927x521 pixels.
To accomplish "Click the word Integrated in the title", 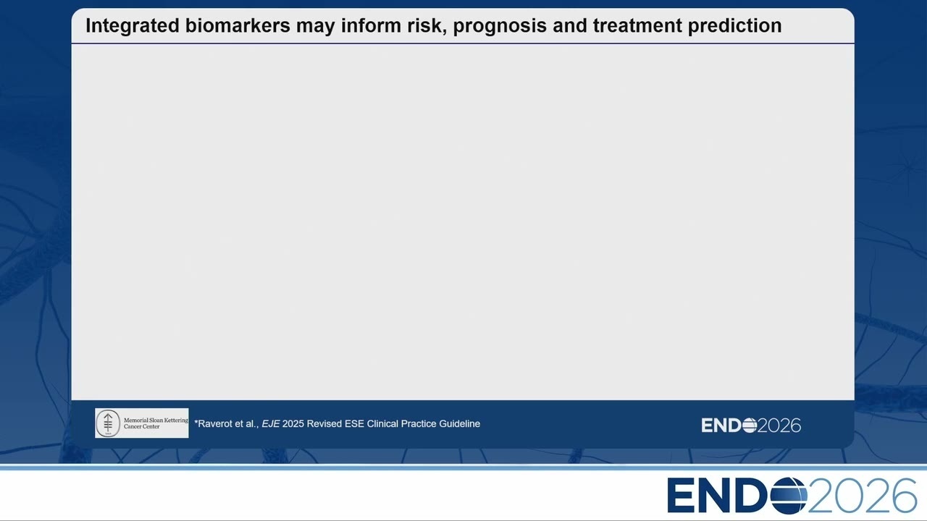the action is pos(133,26).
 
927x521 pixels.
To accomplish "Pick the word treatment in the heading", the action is pos(637,25).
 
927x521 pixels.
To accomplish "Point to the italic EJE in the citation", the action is pos(271,424).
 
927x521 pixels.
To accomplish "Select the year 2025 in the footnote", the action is pos(293,424).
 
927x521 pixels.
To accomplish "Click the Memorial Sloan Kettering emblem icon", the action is pos(108,423).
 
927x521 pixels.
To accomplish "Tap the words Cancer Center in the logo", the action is pos(141,427).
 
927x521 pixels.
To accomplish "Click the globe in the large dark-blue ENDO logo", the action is pos(789,496).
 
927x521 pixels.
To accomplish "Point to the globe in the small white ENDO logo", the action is pos(750,425).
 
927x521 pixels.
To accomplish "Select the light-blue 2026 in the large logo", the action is pos(862,496).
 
